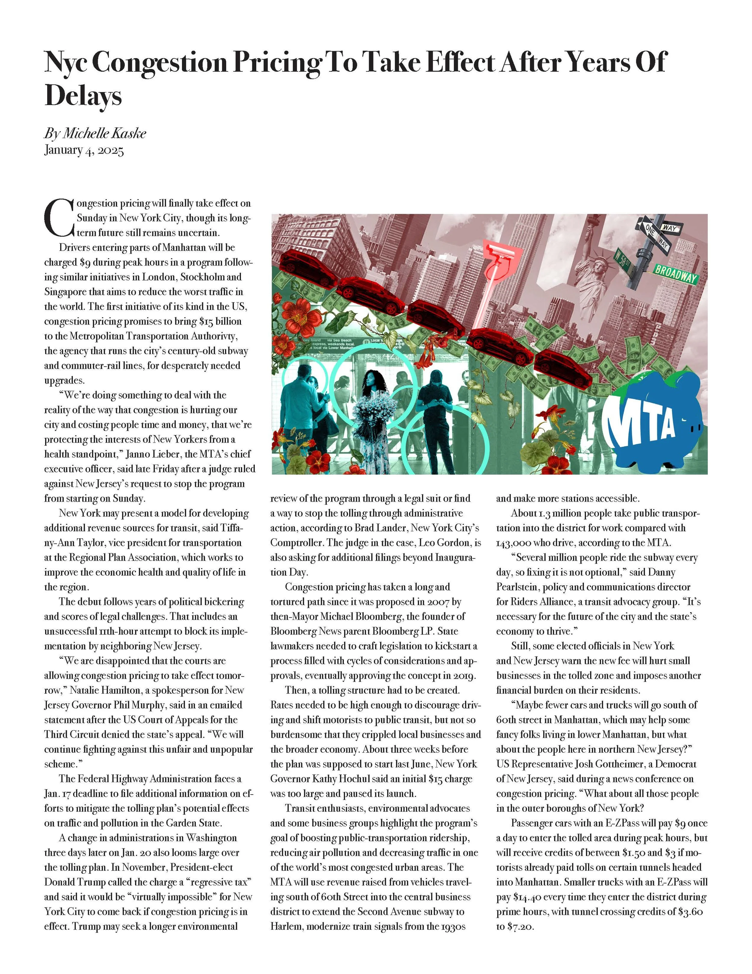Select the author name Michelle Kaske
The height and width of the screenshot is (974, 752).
click(x=104, y=133)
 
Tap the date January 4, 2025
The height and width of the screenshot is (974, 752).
click(x=84, y=150)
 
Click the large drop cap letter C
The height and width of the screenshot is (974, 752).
click(x=59, y=218)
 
